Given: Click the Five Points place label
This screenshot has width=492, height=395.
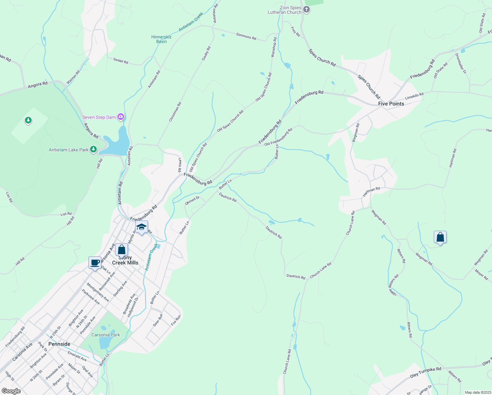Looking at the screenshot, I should [391, 104].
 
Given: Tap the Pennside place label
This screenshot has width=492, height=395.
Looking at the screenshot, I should [59, 344].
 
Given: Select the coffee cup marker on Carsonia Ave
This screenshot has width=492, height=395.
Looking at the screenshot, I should [95, 263].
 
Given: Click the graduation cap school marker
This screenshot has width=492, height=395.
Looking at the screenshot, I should [141, 227].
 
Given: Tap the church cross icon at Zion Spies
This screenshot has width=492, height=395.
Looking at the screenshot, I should [307, 10].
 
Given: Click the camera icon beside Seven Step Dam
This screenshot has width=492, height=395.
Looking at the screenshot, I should [121, 117].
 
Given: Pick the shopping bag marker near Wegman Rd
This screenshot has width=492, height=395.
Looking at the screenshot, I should [440, 237].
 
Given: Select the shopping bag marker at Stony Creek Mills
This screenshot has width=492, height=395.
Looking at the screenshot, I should [121, 250].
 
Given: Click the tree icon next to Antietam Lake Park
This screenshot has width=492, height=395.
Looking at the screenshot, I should [94, 150].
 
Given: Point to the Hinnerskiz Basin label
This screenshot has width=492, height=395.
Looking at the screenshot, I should [161, 39].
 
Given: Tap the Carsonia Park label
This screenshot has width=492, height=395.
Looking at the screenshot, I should [106, 335].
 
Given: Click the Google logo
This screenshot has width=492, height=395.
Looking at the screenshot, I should [11, 391].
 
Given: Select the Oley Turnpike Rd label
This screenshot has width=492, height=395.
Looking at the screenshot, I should [426, 373].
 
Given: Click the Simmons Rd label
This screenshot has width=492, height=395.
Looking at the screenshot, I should [246, 36].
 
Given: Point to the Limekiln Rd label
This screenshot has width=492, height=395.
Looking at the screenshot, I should [414, 96].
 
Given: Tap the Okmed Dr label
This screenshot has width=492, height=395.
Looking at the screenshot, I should [192, 200].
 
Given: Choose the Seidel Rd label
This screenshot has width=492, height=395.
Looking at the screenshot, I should [121, 61].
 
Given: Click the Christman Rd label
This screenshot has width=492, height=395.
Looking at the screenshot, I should [175, 112].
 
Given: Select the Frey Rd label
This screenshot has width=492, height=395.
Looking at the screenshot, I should [295, 32].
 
